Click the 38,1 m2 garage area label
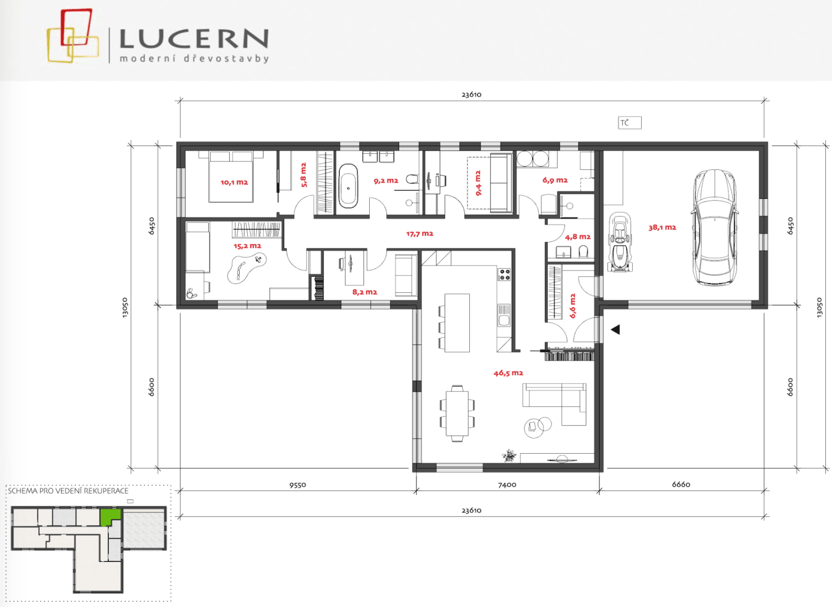click(x=662, y=228)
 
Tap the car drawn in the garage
click(x=714, y=228)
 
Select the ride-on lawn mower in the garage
click(x=620, y=243)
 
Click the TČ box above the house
click(x=630, y=123)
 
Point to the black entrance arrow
click(x=616, y=330)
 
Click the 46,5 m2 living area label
click(x=508, y=373)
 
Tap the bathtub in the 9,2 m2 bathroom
click(x=348, y=186)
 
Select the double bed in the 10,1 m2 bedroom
click(x=231, y=177)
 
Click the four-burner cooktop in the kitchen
click(x=505, y=275)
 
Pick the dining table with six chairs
click(x=457, y=413)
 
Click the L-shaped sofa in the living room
click(x=556, y=402)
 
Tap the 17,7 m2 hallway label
click(x=420, y=234)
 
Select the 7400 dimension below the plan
click(x=507, y=485)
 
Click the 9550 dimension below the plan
click(x=298, y=485)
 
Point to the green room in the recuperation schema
click(x=110, y=517)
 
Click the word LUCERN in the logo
click(x=194, y=39)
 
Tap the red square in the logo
click(x=76, y=27)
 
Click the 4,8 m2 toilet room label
click(x=578, y=237)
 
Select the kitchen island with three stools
click(x=457, y=323)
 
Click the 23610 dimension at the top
click(x=471, y=95)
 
